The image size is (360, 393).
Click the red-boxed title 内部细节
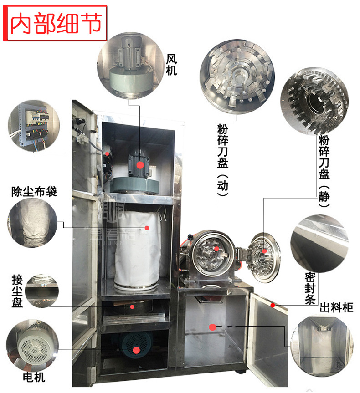55,23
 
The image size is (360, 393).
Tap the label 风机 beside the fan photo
172,65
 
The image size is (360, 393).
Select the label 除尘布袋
34,192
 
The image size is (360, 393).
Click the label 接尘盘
17,291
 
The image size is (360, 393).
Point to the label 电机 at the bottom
34,377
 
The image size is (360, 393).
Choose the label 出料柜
336,307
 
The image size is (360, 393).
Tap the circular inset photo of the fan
130,66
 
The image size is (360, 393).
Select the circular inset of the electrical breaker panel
34,125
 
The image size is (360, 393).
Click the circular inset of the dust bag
32,223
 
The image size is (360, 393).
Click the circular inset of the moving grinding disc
237,77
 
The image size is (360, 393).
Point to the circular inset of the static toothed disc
314,101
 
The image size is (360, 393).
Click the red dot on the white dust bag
147,228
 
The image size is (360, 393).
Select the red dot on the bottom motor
136,350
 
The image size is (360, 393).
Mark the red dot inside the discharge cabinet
212,327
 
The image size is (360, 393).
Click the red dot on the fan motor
140,165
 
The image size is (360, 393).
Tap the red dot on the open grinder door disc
264,251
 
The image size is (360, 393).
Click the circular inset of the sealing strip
319,243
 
